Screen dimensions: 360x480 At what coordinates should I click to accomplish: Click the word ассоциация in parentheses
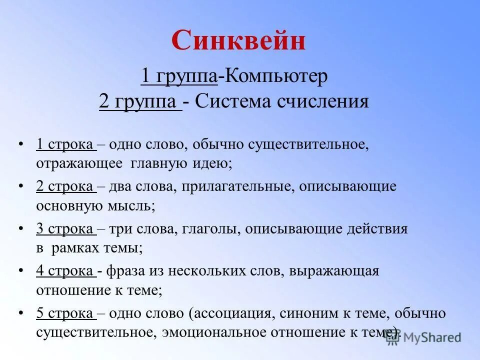tap(232, 313)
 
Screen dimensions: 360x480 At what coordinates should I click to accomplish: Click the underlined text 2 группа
tap(140, 101)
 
